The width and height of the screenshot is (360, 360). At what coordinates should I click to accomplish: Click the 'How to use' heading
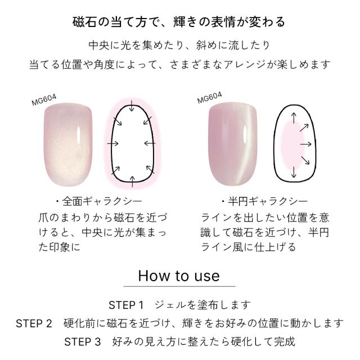[179, 276]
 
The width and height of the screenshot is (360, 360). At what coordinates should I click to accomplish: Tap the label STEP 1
[126, 305]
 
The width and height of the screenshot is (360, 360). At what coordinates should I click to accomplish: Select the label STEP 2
[34, 323]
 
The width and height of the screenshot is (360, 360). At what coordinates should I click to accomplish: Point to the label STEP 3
[83, 342]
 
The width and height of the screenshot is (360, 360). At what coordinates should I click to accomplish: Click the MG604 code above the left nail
[44, 100]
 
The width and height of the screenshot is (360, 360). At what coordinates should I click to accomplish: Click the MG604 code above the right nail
[209, 98]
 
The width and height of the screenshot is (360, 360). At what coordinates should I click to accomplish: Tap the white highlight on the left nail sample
[79, 134]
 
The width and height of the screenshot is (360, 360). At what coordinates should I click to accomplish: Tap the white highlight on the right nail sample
[245, 133]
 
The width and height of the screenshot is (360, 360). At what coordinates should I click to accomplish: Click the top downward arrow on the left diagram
[132, 106]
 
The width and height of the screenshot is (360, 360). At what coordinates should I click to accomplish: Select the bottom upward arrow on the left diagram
[132, 182]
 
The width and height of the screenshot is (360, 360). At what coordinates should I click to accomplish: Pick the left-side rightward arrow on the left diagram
[113, 144]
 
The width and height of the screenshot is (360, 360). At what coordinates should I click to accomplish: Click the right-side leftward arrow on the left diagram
[150, 143]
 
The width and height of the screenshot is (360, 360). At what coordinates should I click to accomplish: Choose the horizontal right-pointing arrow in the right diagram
[306, 144]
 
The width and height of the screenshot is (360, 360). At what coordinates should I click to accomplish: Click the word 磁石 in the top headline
[84, 22]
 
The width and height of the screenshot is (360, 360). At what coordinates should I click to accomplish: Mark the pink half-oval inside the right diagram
[293, 146]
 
